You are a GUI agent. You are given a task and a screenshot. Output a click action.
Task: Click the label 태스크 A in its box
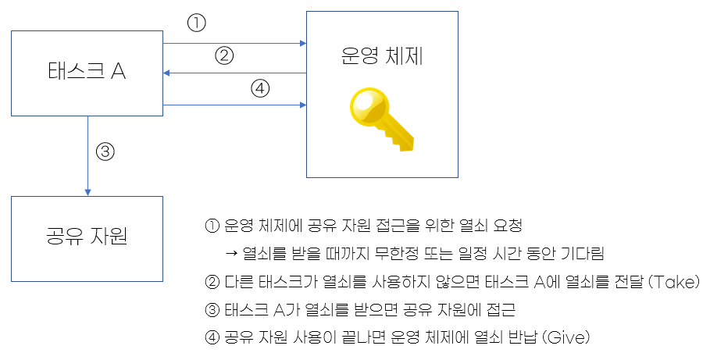[86, 73]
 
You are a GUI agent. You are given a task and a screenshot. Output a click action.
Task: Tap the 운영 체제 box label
[382, 57]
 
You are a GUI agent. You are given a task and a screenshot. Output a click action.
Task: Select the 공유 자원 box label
[86, 235]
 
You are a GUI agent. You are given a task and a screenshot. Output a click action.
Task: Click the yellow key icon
[380, 119]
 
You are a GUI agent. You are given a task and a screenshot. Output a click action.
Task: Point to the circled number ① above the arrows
[196, 23]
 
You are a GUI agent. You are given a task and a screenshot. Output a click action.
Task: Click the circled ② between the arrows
[224, 55]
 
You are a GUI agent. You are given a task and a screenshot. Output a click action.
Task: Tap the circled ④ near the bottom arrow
[260, 88]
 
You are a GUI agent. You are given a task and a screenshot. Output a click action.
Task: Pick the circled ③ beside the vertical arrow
[105, 151]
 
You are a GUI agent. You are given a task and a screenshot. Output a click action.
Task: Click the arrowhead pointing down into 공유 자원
[87, 191]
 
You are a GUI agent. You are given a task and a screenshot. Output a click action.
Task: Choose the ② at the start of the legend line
[210, 282]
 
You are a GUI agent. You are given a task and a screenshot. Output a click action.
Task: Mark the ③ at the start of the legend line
[210, 310]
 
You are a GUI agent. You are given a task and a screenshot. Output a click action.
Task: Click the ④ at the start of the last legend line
[210, 338]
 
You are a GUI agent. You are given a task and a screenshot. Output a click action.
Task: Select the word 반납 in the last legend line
[516, 338]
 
